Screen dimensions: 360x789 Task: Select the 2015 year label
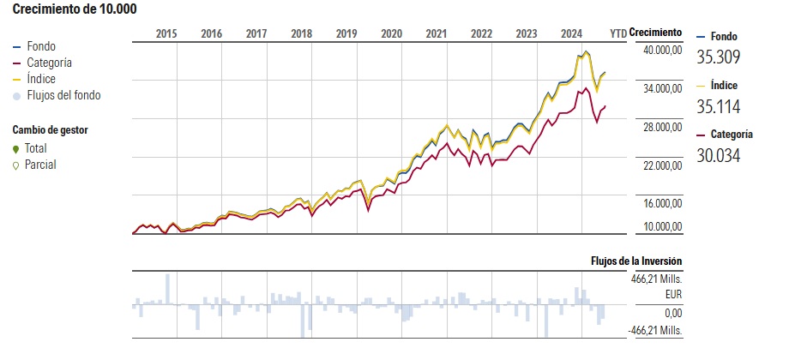pyautogui.click(x=166, y=33)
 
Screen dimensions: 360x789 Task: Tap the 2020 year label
pyautogui.click(x=391, y=33)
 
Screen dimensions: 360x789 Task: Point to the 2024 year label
pyautogui.click(x=571, y=33)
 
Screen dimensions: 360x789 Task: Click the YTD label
pyautogui.click(x=617, y=33)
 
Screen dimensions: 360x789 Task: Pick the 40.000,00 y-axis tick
pyautogui.click(x=658, y=51)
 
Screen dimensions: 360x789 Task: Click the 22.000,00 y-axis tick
pyautogui.click(x=658, y=165)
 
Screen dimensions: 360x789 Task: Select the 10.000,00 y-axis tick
pyautogui.click(x=658, y=227)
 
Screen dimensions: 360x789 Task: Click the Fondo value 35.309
pyautogui.click(x=718, y=58)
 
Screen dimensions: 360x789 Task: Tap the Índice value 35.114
pyautogui.click(x=718, y=106)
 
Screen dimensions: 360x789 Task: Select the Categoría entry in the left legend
pyautogui.click(x=49, y=63)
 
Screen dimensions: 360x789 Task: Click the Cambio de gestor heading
pyautogui.click(x=51, y=129)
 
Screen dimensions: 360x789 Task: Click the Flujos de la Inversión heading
pyautogui.click(x=636, y=261)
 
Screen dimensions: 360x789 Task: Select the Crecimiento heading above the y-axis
pyautogui.click(x=655, y=33)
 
